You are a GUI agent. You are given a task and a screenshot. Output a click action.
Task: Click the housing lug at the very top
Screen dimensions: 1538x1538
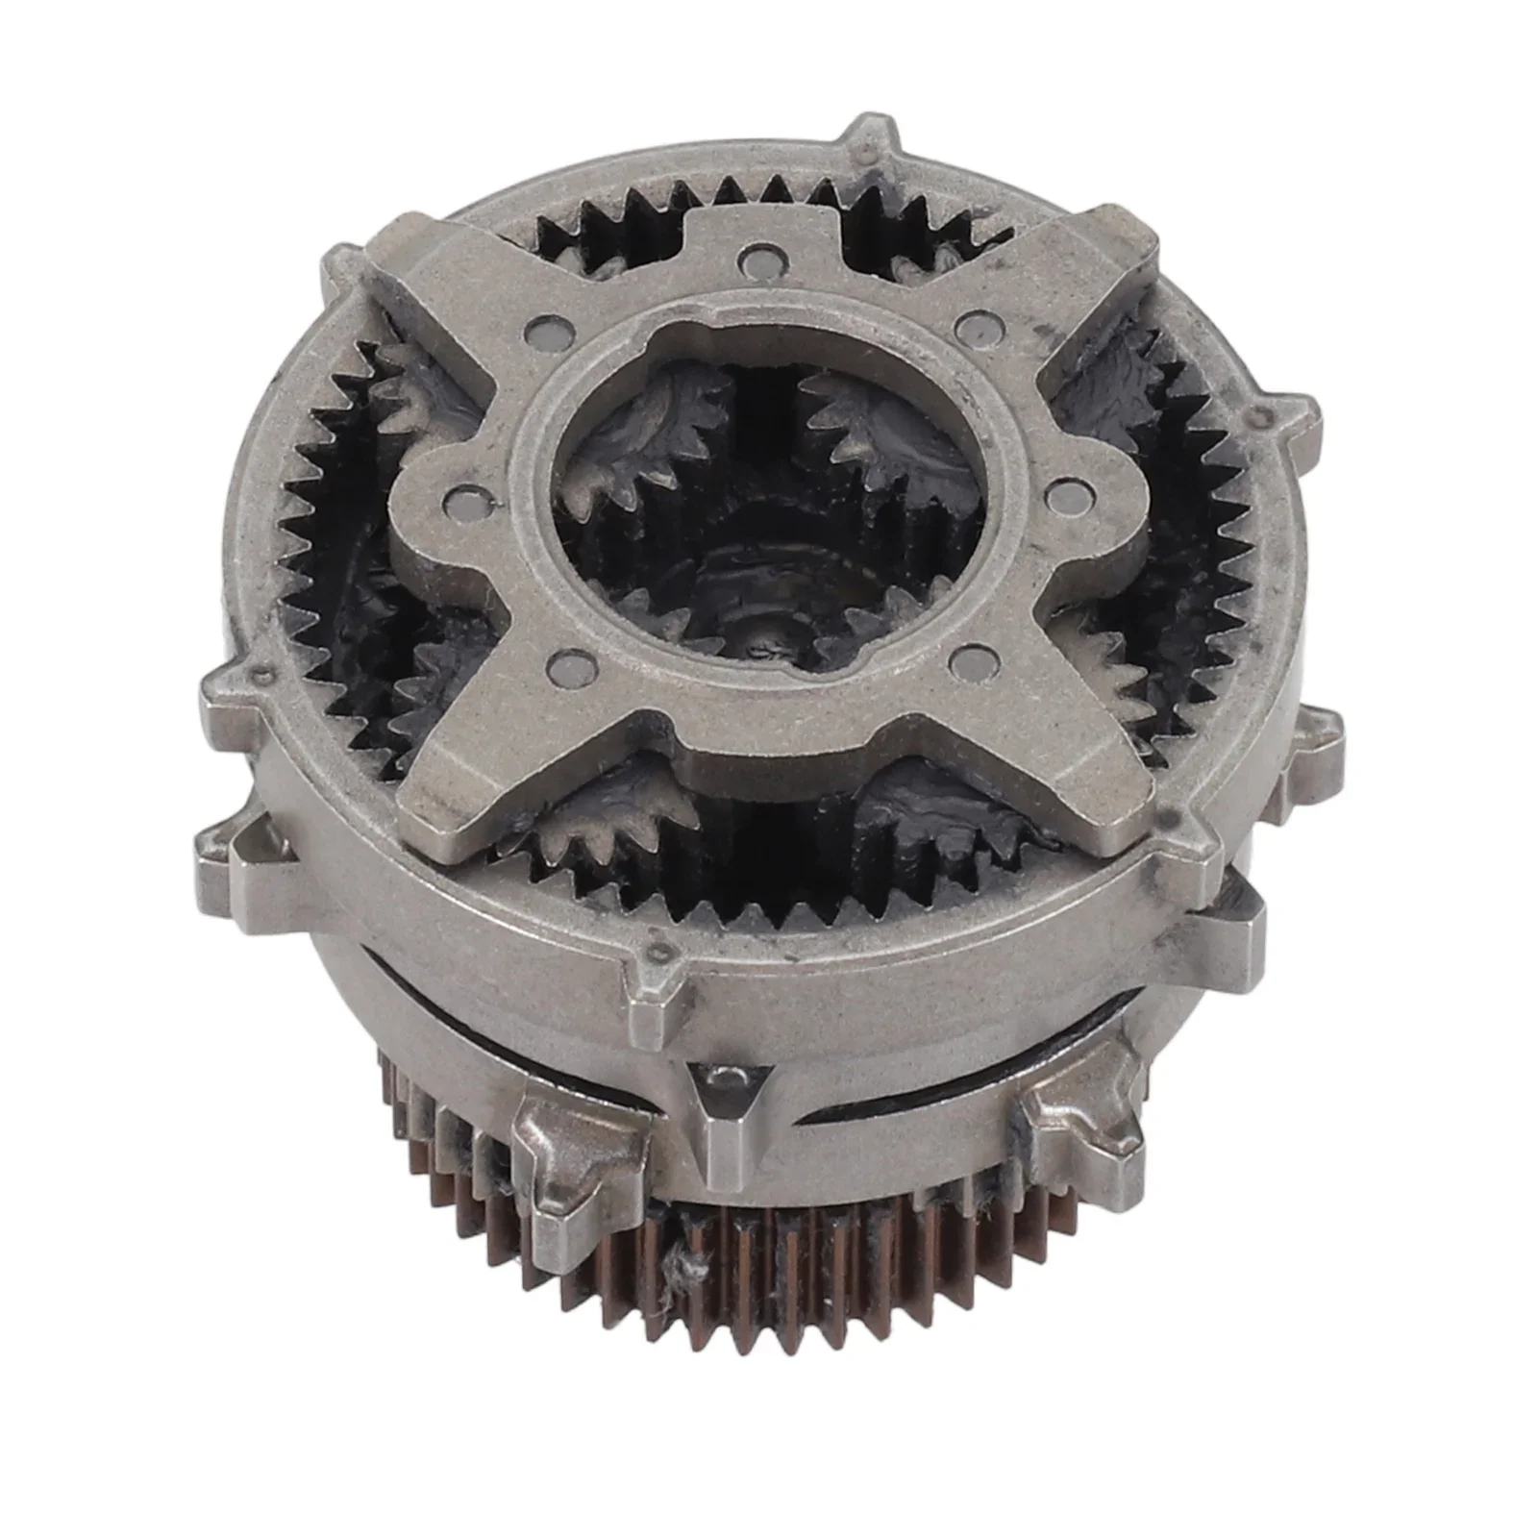pyautogui.click(x=870, y=144)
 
